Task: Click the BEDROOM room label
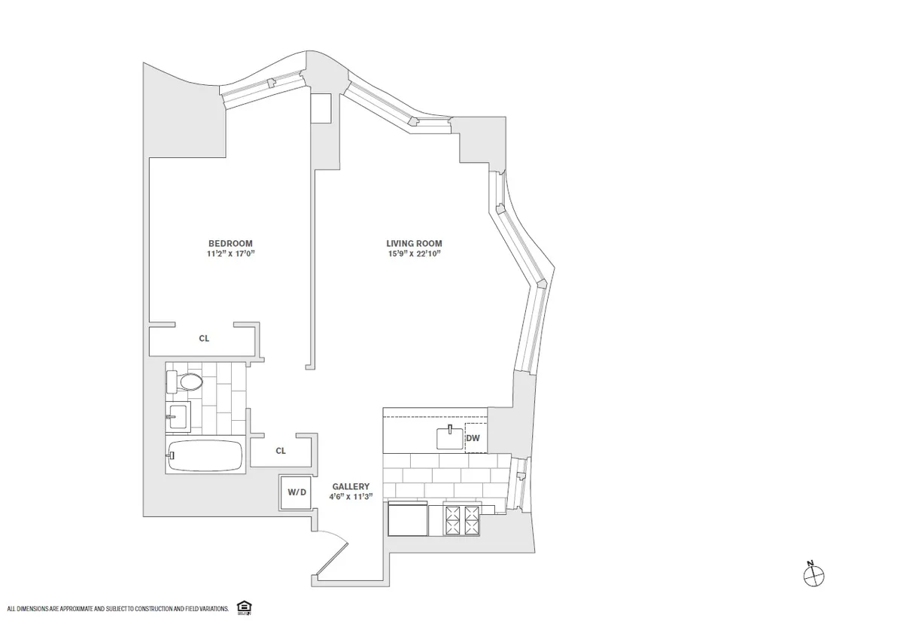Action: (x=230, y=243)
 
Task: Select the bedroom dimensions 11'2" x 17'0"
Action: (x=230, y=254)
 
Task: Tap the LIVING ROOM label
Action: (x=414, y=243)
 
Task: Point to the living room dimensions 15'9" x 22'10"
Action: (x=414, y=254)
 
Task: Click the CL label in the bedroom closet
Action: (x=204, y=339)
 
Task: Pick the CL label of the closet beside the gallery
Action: (x=281, y=451)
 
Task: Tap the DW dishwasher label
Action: (x=473, y=438)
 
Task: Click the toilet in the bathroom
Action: (x=186, y=382)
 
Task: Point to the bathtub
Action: (x=205, y=455)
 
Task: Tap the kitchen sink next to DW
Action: (x=449, y=437)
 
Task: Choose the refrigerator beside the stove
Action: (x=408, y=520)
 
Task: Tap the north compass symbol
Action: (x=813, y=576)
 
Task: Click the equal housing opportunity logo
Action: (x=242, y=607)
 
